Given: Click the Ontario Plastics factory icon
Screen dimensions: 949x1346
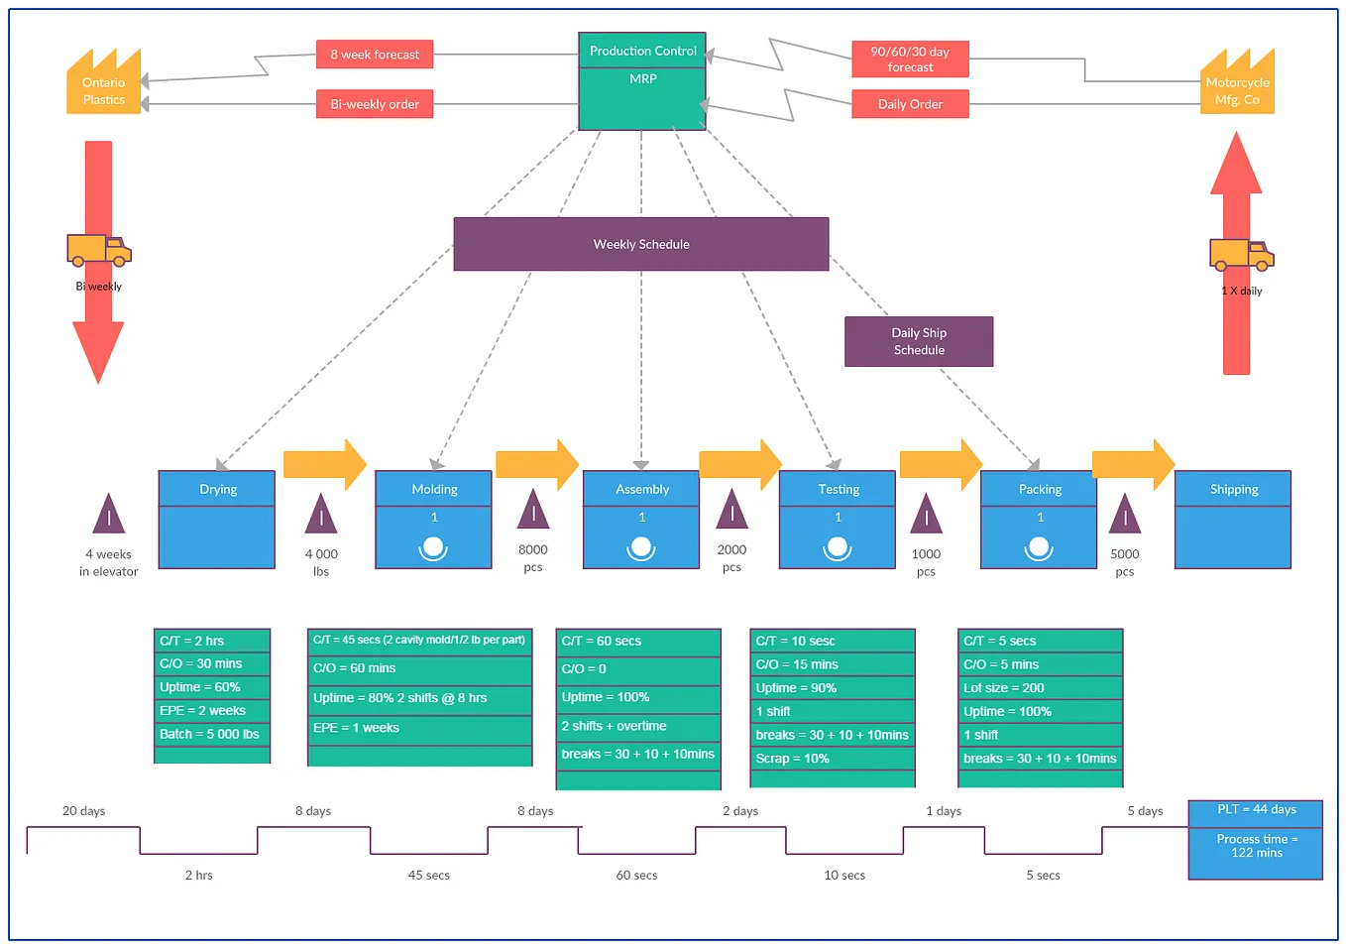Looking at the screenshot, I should pyautogui.click(x=103, y=84).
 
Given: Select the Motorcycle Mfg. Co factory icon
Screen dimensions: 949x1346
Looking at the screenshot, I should pyautogui.click(x=1237, y=84).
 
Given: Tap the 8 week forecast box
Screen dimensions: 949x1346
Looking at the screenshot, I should pyautogui.click(x=375, y=55).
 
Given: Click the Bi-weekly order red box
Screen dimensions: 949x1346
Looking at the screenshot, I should pyautogui.click(x=375, y=104).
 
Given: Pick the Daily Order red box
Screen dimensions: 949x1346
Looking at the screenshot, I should pyautogui.click(x=910, y=104).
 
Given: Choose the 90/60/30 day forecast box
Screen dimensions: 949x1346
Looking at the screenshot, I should pyautogui.click(x=910, y=59).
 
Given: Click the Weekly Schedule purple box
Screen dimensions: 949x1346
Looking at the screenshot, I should pyautogui.click(x=641, y=244).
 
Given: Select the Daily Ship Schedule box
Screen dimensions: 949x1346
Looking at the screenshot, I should pyautogui.click(x=919, y=341).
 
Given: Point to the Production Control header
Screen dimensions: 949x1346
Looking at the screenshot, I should pyautogui.click(x=642, y=51).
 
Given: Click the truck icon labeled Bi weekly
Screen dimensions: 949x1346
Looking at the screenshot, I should pyautogui.click(x=99, y=251).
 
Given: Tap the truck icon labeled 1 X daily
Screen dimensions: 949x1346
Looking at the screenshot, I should pyautogui.click(x=1241, y=255).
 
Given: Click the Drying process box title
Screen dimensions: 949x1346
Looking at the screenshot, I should pyautogui.click(x=217, y=489).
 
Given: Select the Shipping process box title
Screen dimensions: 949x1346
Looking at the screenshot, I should pyautogui.click(x=1233, y=489).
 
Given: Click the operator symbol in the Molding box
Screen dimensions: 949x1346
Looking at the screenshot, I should pyautogui.click(x=433, y=547).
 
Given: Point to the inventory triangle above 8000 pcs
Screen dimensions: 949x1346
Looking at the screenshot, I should pyautogui.click(x=533, y=510).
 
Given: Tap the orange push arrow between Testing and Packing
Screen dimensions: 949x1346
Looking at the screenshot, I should pyautogui.click(x=940, y=464).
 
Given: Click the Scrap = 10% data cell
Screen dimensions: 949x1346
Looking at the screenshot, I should pyautogui.click(x=833, y=759).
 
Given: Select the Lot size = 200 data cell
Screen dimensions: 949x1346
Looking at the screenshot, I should pyautogui.click(x=1040, y=688).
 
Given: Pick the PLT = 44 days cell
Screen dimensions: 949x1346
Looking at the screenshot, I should pyautogui.click(x=1256, y=810).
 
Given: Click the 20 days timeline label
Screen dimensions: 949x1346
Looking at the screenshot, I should pyautogui.click(x=84, y=811).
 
